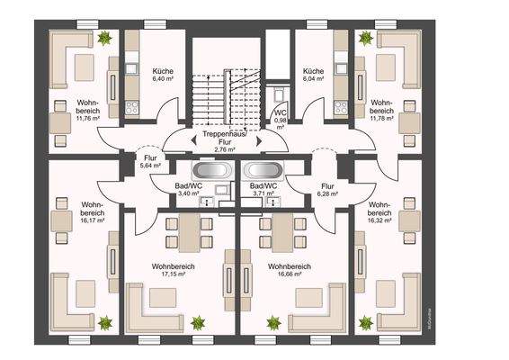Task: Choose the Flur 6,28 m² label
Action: tap(326, 191)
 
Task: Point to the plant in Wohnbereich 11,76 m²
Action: tap(105, 38)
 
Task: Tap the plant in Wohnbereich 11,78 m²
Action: tap(367, 38)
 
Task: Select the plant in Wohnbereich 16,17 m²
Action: tap(105, 321)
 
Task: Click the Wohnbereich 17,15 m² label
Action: tap(174, 271)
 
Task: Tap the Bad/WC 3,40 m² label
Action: tap(188, 188)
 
